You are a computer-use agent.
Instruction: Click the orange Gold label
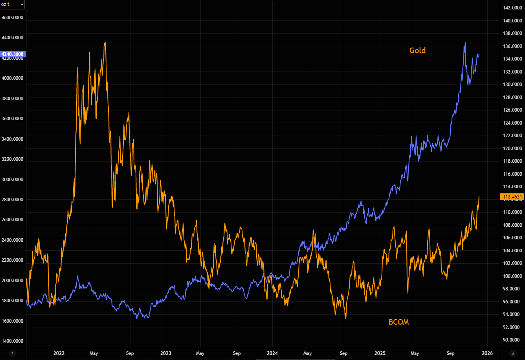417,50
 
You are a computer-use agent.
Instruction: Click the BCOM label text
398,322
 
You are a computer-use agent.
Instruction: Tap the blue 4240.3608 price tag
13,54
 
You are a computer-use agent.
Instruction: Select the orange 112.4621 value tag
512,197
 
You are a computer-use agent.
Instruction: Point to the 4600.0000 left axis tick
12,17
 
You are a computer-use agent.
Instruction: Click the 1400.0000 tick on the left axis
12,341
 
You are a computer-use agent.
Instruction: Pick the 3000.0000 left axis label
12,179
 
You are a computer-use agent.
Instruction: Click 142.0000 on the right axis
512,8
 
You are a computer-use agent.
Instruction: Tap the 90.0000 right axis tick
512,340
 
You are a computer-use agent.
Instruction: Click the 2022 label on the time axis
59,353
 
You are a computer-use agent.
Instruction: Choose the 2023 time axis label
166,353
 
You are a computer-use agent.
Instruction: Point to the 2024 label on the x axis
272,353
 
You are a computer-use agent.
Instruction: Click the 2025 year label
380,353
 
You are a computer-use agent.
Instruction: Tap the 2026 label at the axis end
487,353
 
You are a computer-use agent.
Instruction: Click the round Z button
12,353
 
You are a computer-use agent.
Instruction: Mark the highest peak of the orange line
105,42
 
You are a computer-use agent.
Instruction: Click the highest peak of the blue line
465,42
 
